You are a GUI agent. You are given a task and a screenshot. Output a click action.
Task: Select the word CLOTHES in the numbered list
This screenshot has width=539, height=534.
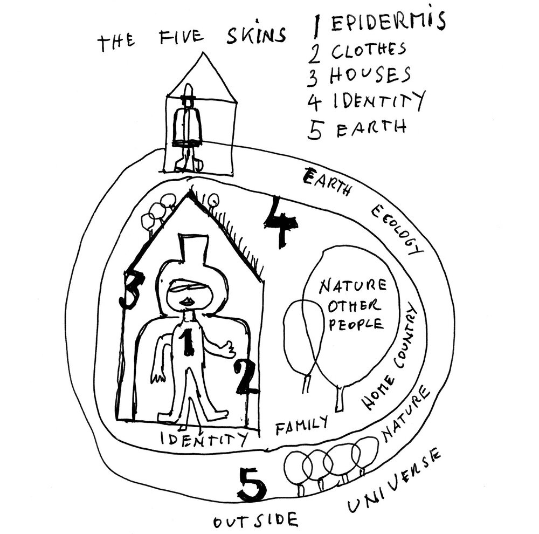point(369,51)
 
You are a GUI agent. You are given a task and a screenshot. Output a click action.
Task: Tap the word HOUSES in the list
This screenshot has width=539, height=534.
point(370,75)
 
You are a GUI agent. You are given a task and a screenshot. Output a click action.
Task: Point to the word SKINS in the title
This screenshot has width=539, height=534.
point(256,35)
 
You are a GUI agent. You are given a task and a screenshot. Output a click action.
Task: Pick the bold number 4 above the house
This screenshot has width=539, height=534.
point(280,222)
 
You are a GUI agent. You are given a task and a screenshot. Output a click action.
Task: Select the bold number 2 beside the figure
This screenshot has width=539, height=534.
point(245,376)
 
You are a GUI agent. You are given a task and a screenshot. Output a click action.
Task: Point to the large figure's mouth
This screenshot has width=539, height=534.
point(188,302)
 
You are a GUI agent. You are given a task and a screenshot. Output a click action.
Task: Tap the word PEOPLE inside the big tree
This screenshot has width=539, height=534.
point(356,325)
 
